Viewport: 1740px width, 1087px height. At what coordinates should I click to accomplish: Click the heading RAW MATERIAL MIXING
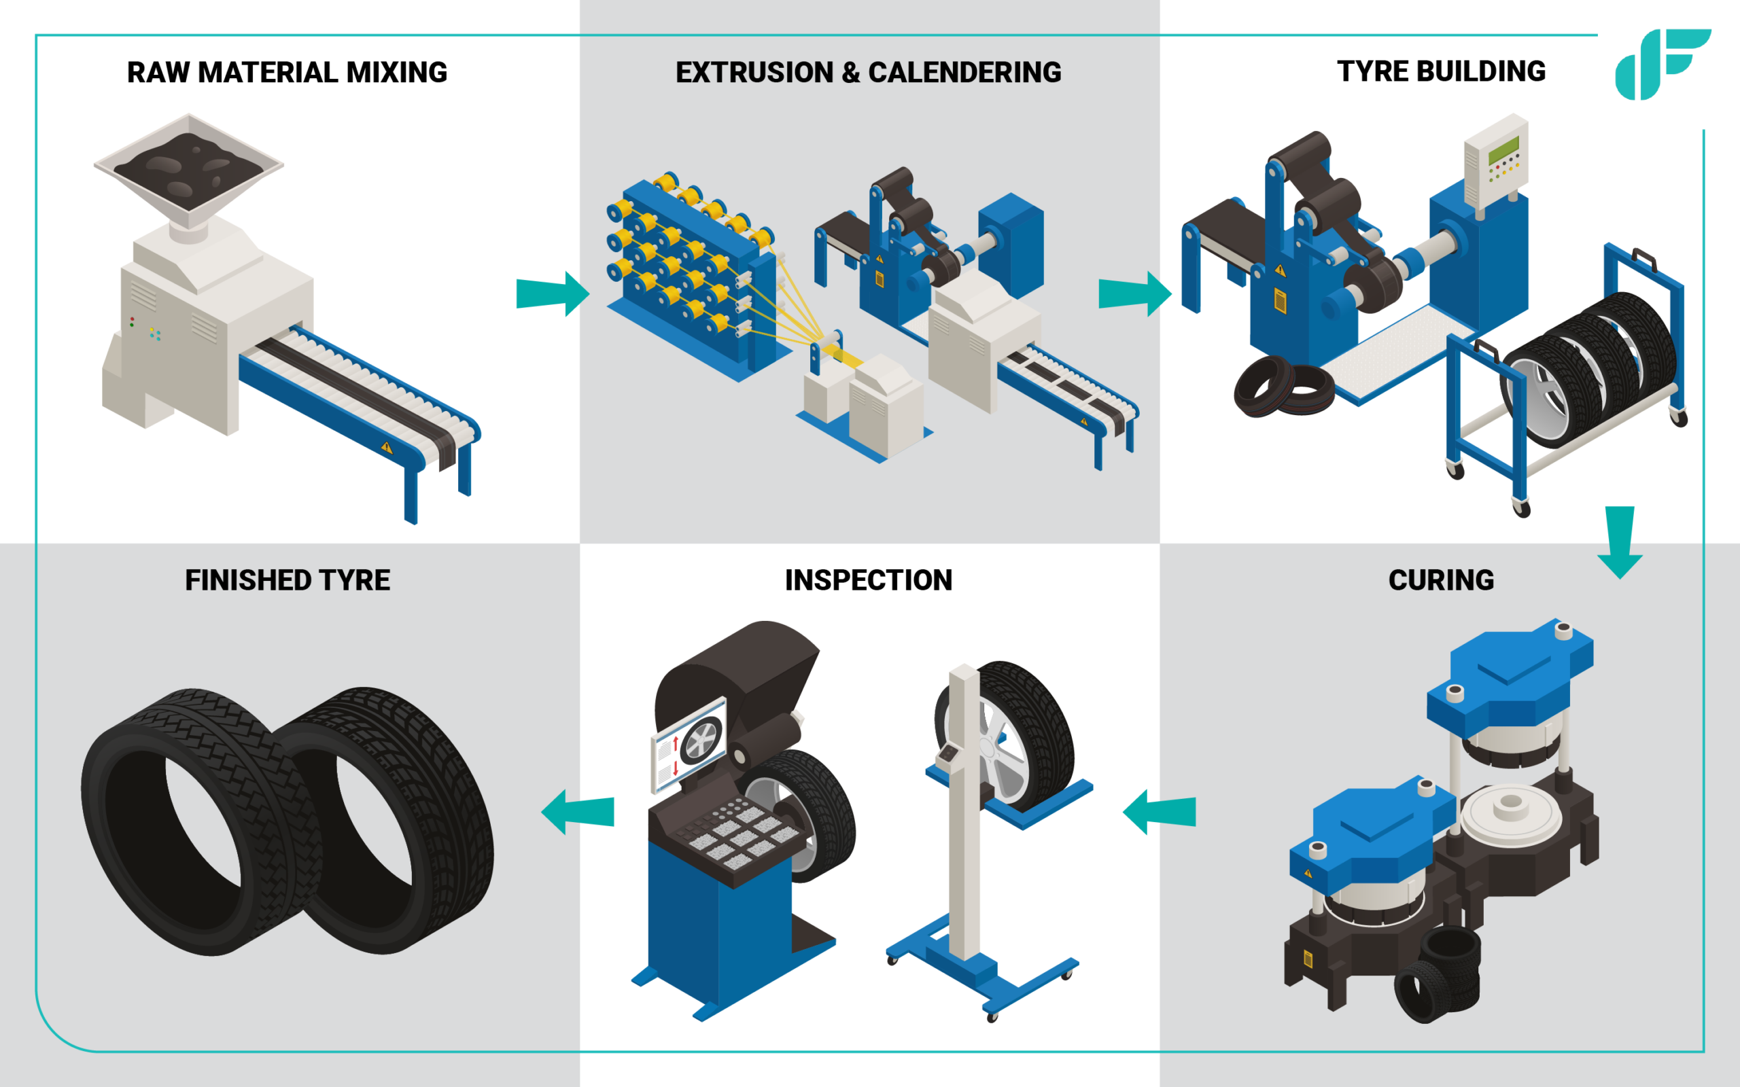[287, 73]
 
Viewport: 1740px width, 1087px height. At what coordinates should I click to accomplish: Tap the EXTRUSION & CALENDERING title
[868, 73]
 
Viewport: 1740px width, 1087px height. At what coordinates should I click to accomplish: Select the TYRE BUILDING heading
[1441, 71]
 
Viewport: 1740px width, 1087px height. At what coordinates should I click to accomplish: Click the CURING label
[1441, 580]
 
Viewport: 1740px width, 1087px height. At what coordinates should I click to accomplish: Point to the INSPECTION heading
[868, 580]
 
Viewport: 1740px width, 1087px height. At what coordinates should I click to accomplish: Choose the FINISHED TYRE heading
[287, 580]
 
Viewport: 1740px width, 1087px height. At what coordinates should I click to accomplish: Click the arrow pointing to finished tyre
[578, 812]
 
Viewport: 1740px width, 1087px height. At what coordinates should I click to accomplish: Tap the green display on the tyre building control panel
[1503, 150]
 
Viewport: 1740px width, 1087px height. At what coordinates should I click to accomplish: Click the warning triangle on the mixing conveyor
[387, 447]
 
